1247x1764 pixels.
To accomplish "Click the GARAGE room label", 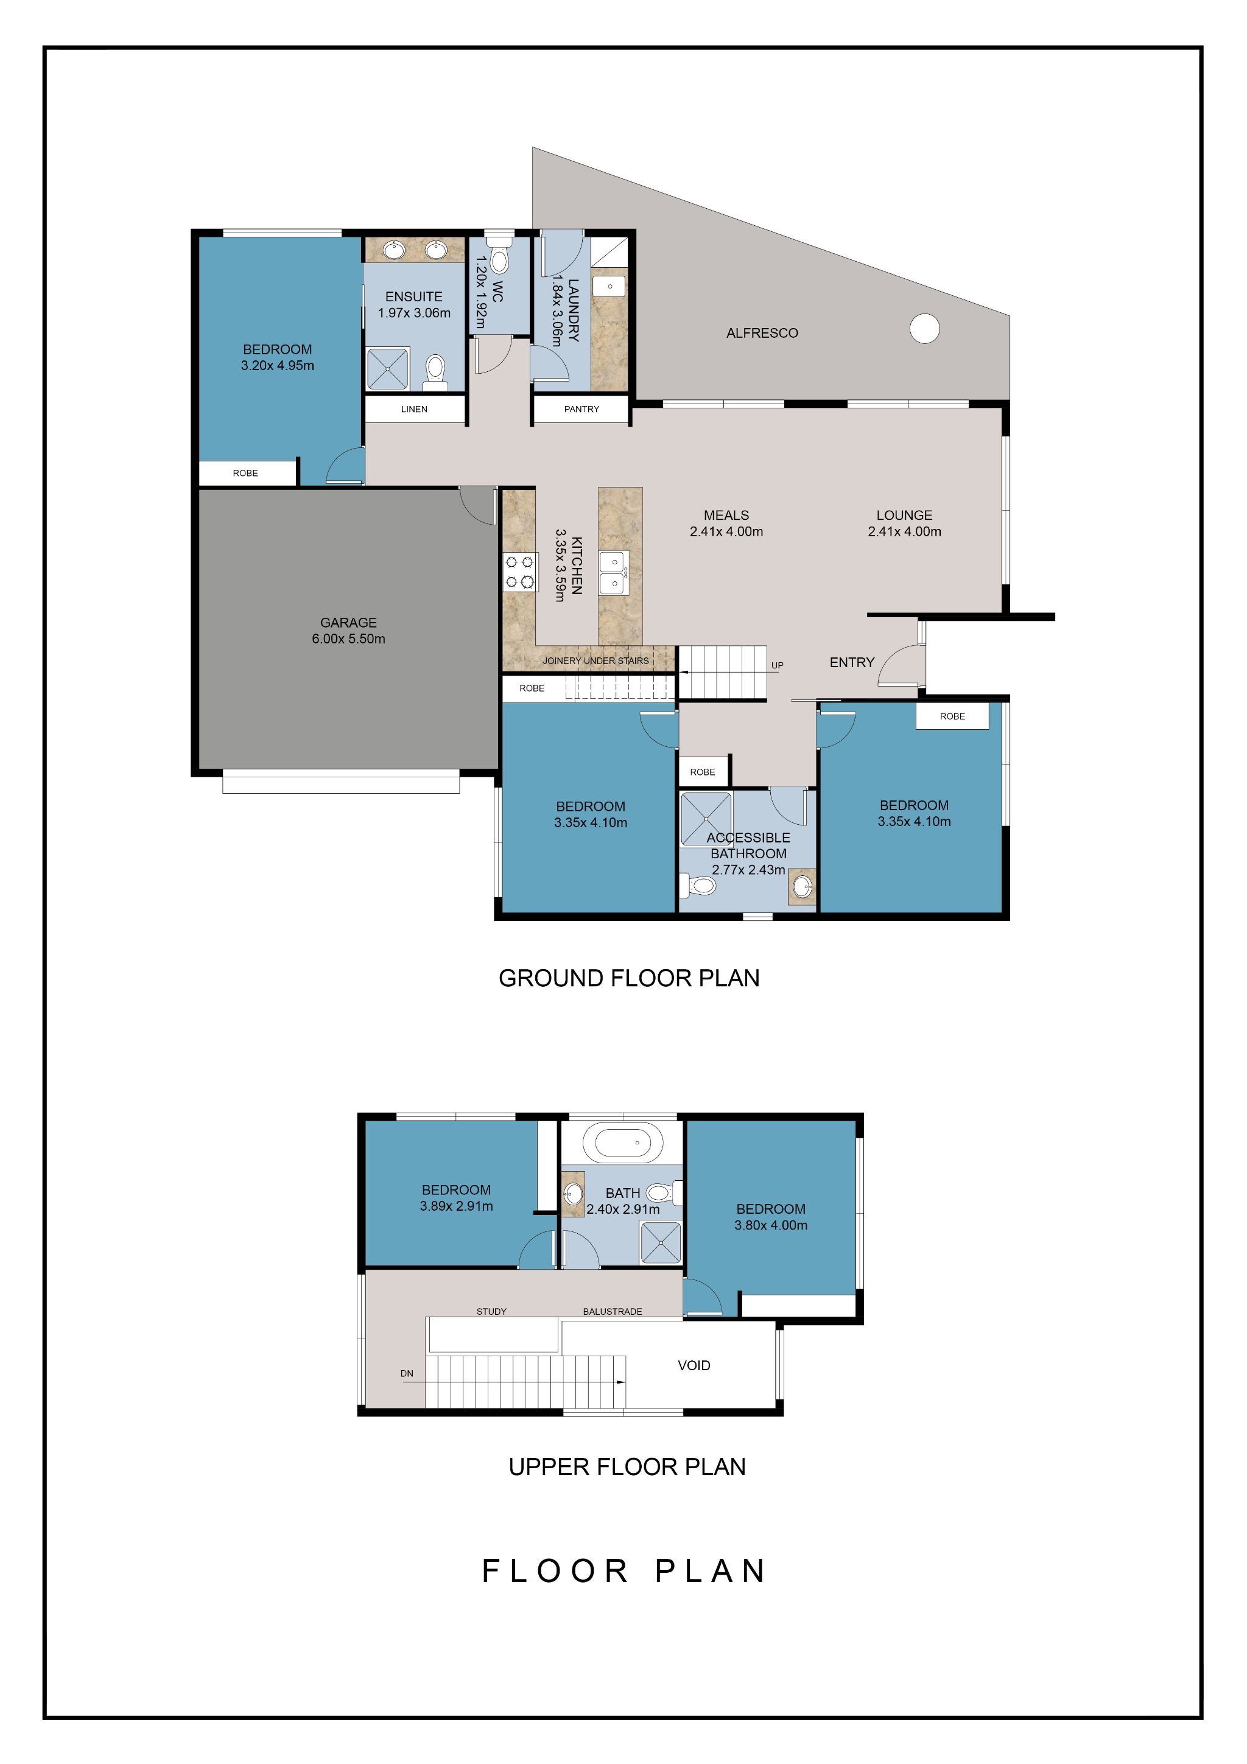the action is click(x=348, y=622).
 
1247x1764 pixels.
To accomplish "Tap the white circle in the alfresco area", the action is click(x=924, y=328).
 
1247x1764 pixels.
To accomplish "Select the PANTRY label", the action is click(x=581, y=408).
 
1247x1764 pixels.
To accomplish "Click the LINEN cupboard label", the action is click(x=414, y=408).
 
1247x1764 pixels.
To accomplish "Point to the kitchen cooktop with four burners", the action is click(x=519, y=572).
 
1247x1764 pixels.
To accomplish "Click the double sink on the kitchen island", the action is click(x=614, y=572).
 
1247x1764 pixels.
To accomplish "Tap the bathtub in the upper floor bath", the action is click(x=622, y=1143).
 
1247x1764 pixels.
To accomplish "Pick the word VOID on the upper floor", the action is click(x=694, y=1365).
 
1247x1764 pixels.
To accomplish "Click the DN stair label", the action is click(x=407, y=1373).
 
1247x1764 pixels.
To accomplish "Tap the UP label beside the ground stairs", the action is click(x=778, y=665).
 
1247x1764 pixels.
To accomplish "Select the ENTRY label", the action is click(x=852, y=662).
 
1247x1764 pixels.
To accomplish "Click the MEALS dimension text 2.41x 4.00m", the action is click(x=726, y=531).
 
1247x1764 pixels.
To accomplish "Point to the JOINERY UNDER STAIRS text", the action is click(x=595, y=660).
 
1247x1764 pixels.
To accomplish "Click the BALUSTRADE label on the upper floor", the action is click(x=613, y=1312).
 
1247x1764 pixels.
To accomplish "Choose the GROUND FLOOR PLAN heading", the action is click(x=628, y=978).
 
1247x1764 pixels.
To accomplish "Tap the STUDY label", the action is click(x=492, y=1312).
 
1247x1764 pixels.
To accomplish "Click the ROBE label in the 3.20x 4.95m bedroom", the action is click(x=245, y=474).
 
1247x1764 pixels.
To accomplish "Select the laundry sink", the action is click(x=609, y=287).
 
